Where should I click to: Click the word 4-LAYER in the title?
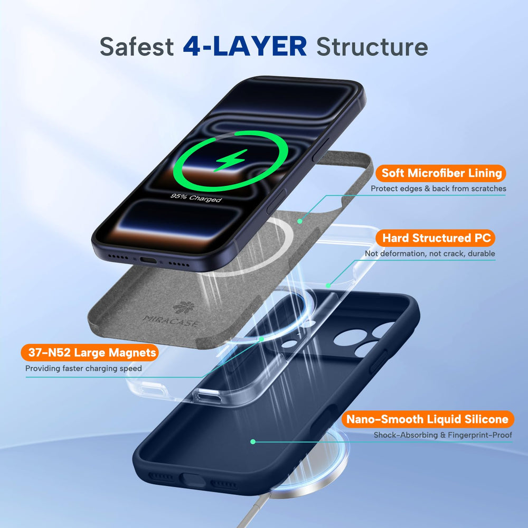tap(245, 46)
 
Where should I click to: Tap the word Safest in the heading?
tap(136, 47)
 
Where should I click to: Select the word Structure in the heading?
tap(372, 47)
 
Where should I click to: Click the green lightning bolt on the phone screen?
tap(231, 160)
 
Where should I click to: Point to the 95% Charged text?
tap(196, 197)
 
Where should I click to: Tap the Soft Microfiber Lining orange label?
tap(441, 173)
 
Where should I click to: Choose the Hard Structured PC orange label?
tap(436, 238)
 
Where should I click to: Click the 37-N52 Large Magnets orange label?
tap(90, 353)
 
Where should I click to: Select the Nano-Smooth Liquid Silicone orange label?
tap(428, 419)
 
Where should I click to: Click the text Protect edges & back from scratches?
tap(438, 188)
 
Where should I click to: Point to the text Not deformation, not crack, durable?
tap(430, 253)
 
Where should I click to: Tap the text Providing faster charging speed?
tap(83, 369)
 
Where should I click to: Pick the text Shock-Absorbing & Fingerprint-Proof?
tap(443, 435)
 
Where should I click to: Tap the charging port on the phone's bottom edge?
tap(148, 260)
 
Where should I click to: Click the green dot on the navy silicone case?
tap(253, 442)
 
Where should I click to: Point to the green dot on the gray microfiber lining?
tap(300, 221)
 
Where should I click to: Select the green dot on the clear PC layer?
tap(328, 286)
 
